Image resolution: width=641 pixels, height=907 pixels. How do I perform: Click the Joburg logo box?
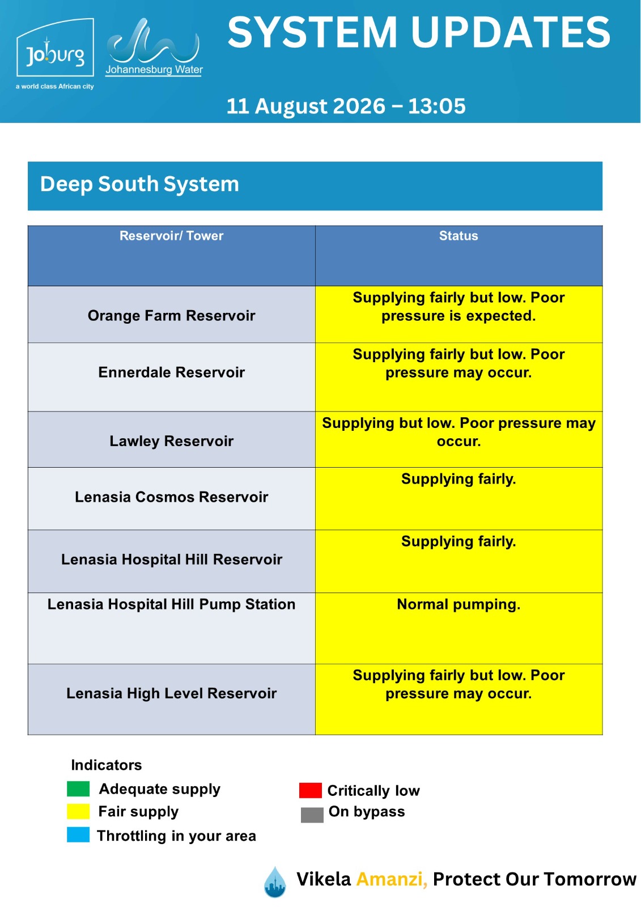click(55, 48)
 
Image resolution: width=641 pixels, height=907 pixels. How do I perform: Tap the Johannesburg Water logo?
click(154, 48)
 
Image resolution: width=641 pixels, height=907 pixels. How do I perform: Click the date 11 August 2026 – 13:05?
click(346, 106)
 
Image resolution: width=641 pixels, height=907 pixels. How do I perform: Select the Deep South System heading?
click(139, 184)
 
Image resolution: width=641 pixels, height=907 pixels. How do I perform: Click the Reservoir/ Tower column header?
click(171, 236)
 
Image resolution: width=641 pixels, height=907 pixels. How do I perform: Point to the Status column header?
click(459, 236)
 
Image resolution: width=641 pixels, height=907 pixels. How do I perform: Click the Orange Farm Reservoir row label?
click(171, 315)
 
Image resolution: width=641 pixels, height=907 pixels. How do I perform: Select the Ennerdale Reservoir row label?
click(171, 372)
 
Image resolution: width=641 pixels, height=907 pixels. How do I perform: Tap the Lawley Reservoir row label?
click(171, 441)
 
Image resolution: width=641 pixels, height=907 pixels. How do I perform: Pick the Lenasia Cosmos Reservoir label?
click(171, 497)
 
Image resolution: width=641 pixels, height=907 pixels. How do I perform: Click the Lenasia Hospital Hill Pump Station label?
click(171, 604)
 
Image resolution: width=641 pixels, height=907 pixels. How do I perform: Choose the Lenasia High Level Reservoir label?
click(171, 693)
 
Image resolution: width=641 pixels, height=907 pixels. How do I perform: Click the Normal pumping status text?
click(459, 604)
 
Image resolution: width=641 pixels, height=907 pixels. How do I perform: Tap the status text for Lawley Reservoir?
click(459, 432)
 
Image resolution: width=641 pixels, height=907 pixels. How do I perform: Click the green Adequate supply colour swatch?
click(78, 789)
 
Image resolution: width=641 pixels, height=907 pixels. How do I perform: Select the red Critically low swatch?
click(310, 790)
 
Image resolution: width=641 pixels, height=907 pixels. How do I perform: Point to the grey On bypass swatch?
click(312, 815)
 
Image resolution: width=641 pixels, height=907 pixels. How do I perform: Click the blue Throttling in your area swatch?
click(78, 835)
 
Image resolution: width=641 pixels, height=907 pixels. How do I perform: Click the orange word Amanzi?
click(392, 879)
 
